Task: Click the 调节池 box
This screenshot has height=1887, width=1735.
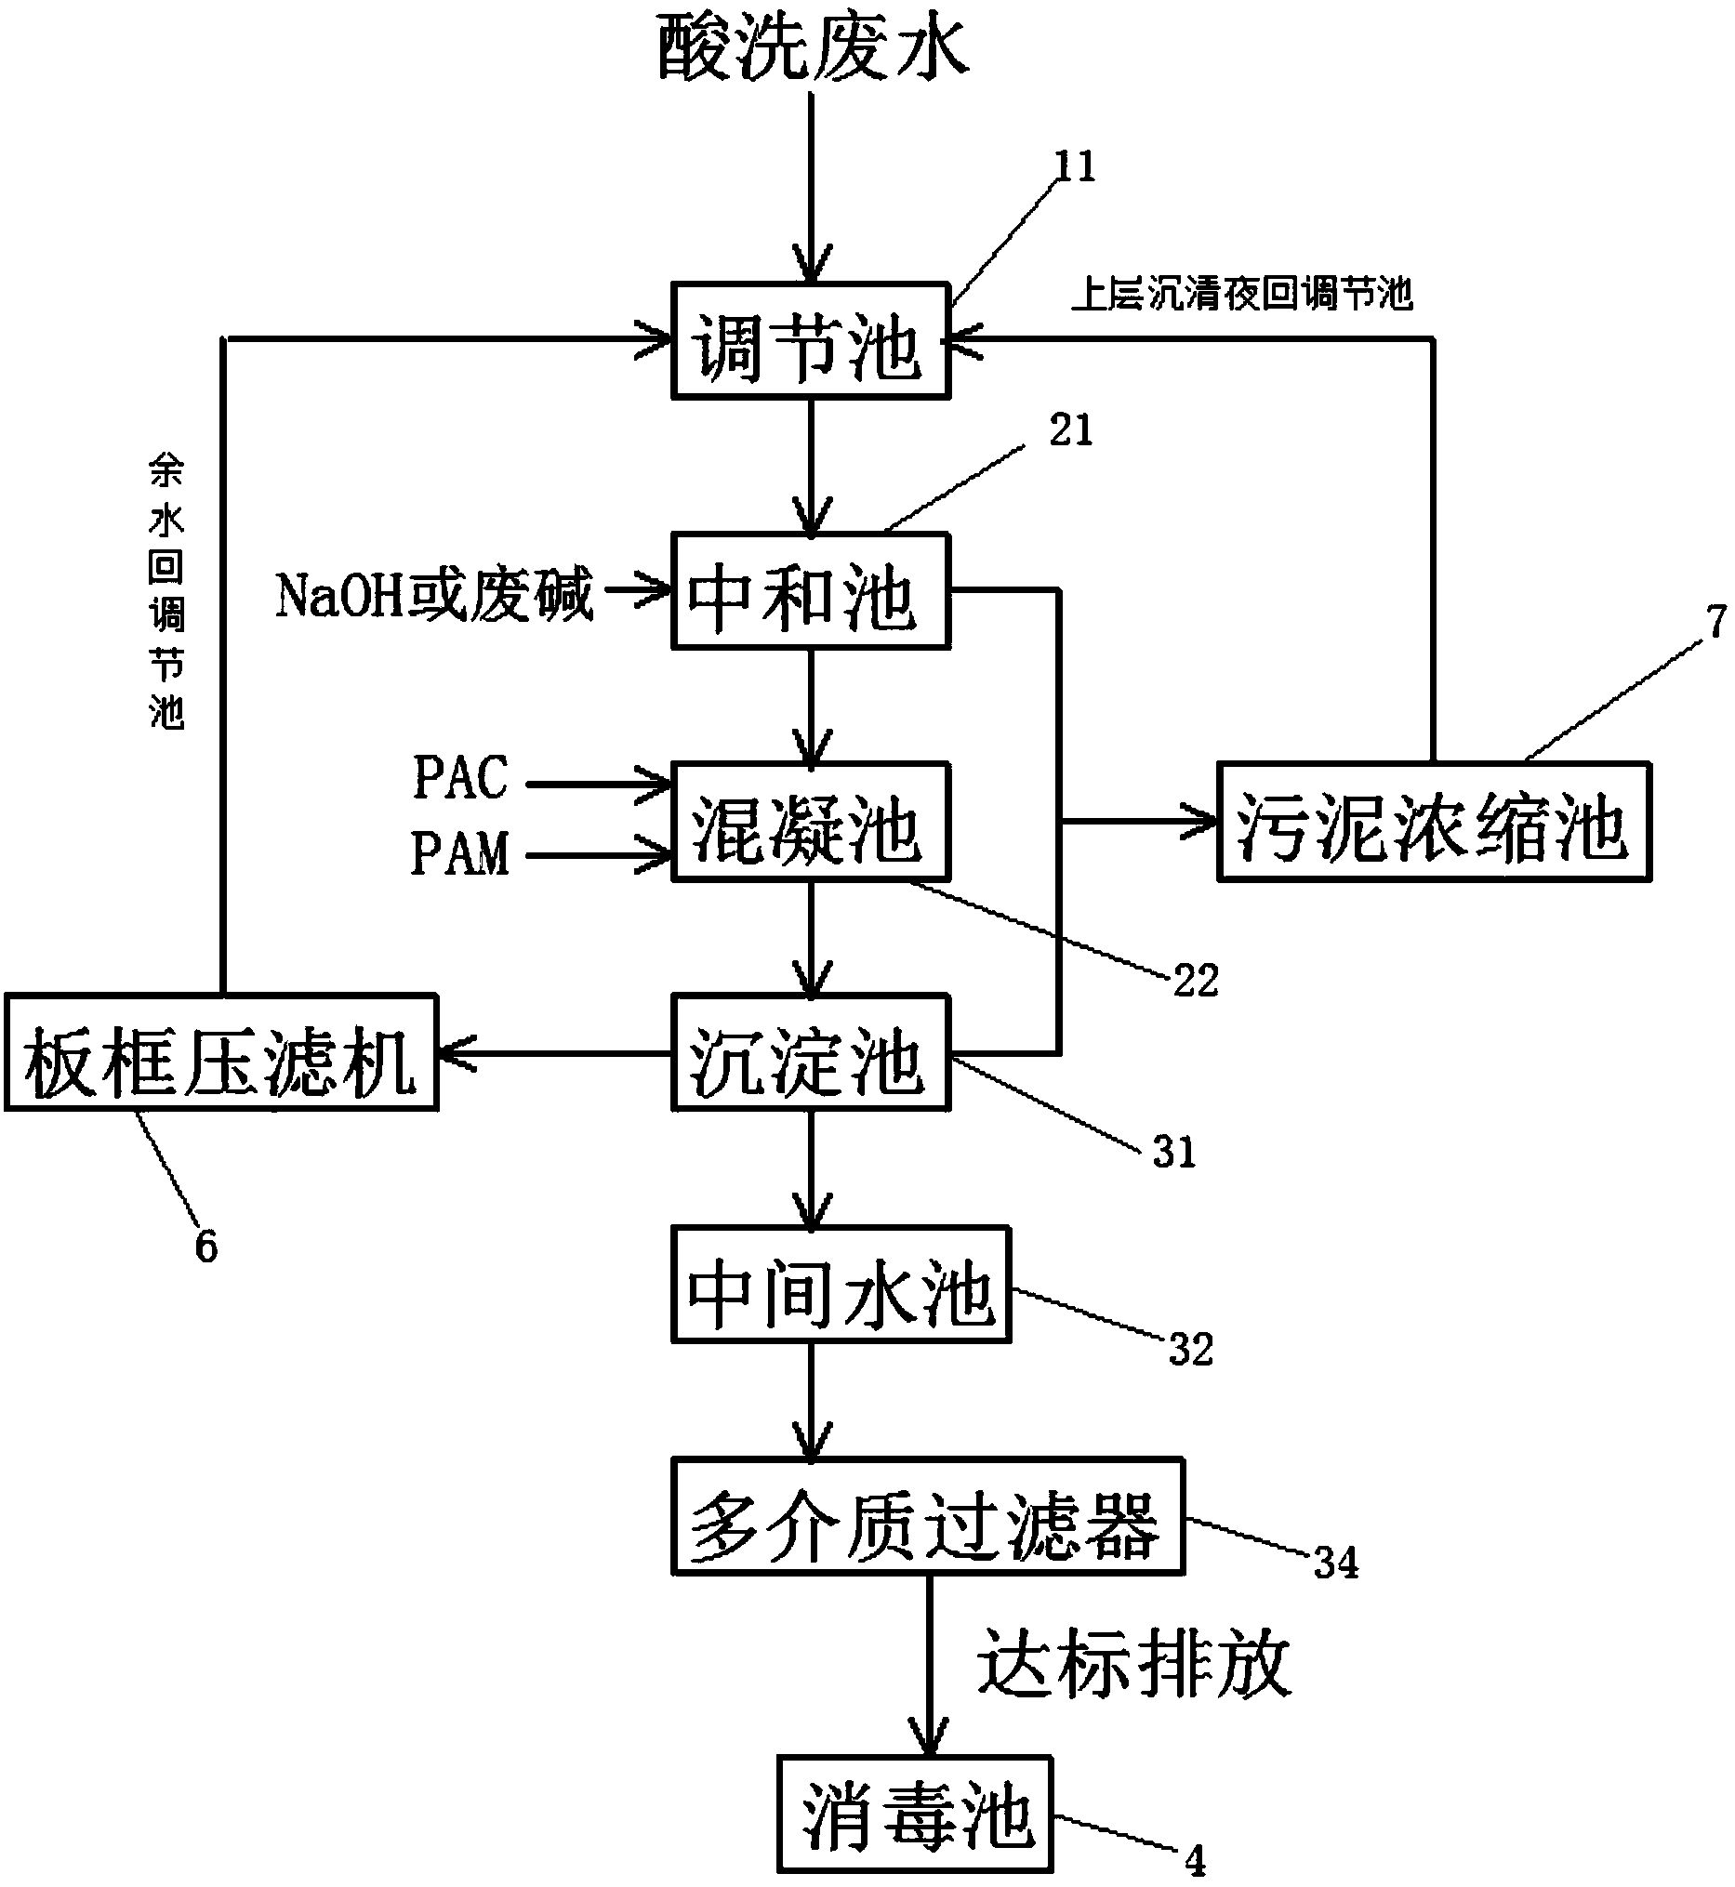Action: (811, 342)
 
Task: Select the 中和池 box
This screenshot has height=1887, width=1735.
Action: (811, 591)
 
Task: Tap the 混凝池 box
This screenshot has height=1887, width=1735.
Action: (811, 823)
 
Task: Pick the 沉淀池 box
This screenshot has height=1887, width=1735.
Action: (811, 1053)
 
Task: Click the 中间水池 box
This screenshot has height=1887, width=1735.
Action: (841, 1286)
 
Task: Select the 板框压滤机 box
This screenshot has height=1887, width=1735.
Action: (221, 1053)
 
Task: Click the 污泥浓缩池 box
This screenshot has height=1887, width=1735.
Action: (1434, 823)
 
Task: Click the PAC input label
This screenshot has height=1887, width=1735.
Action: (460, 777)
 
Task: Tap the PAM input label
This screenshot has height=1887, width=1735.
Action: (460, 854)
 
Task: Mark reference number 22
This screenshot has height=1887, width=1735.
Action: (1195, 981)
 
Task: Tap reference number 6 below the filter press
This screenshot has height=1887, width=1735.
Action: (205, 1247)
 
